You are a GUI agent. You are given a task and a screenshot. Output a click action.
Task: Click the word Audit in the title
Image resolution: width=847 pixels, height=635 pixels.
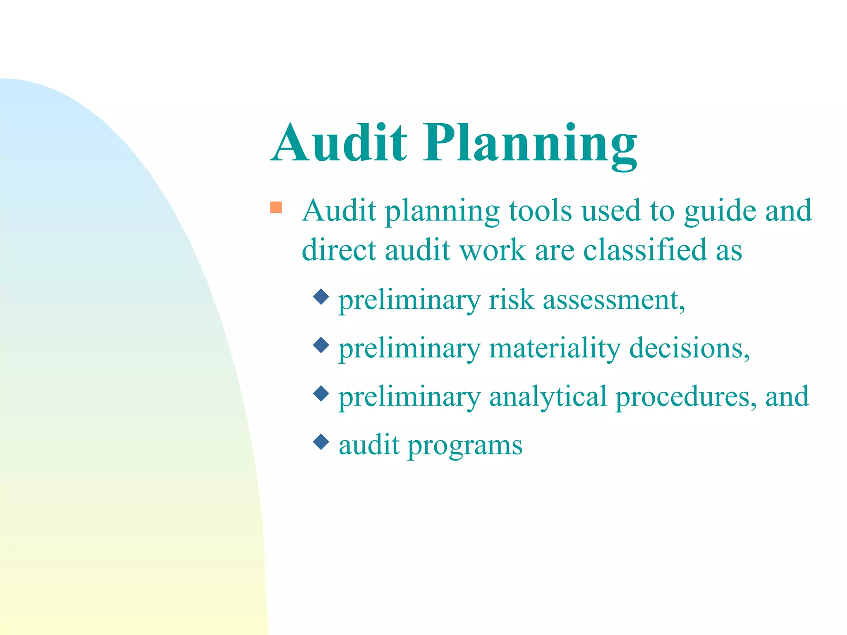pos(339,143)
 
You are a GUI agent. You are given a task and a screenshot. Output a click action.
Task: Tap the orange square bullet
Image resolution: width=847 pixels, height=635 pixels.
pos(276,207)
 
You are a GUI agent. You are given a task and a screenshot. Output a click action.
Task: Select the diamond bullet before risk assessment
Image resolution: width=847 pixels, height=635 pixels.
pos(321,296)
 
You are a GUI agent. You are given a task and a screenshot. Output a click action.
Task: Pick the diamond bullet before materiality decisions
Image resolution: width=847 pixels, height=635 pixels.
pos(321,345)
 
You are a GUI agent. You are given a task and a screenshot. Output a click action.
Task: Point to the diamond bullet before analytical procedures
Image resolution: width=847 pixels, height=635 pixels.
pos(321,393)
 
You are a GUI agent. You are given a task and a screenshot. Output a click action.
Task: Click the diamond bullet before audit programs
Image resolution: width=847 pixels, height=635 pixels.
pos(321,442)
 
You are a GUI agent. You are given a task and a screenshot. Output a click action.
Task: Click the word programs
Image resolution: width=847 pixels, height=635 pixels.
pos(465,446)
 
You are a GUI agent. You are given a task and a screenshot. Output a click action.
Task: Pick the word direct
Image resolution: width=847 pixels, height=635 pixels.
pos(339,250)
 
